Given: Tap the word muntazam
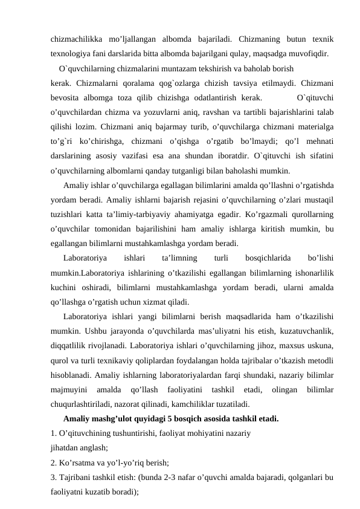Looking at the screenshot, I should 167,68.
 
